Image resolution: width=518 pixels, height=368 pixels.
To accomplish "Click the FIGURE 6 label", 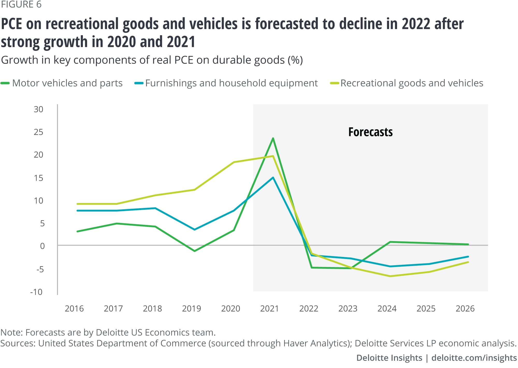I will point(21,5).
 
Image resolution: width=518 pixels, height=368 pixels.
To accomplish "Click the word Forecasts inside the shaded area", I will point(370,132).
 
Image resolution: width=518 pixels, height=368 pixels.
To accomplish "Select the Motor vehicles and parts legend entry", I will point(67,83).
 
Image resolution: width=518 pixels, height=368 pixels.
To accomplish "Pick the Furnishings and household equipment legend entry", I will point(231,83).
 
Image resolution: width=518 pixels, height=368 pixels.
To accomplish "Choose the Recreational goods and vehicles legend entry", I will point(412,83).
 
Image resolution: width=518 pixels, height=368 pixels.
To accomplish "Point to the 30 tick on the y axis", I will point(38,109).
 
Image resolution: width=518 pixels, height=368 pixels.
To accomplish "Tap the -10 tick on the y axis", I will point(37,292).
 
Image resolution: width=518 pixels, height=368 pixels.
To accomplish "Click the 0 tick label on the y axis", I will point(42,246).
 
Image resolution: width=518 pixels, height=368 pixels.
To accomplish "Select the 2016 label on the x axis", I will point(74,308).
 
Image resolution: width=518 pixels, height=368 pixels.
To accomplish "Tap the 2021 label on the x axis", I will point(269,308).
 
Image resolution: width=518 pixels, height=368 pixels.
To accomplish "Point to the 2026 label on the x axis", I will point(465,308).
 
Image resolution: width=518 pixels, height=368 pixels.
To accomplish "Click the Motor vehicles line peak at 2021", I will point(273,138).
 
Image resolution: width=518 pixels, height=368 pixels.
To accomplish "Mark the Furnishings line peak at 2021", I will point(273,178).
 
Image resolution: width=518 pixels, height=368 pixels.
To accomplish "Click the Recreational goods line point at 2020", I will point(234,162).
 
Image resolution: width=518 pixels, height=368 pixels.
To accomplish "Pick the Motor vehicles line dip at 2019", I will point(195,251).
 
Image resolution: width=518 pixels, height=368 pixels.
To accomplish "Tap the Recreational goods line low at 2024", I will point(390,276).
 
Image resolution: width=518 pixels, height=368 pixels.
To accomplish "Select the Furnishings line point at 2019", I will point(195,229).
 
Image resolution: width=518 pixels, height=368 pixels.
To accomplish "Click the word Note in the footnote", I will point(11,332).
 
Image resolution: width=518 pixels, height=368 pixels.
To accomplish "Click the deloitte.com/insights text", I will point(474,358).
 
